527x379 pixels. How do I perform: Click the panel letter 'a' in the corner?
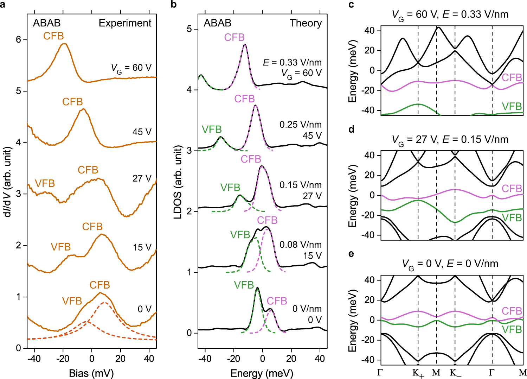tap(3, 5)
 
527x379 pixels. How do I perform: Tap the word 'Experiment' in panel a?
tap(125, 23)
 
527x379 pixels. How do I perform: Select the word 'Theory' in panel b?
tap(306, 23)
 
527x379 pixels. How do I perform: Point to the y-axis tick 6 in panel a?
tap(19, 40)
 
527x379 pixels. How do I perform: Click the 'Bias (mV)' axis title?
tap(91, 373)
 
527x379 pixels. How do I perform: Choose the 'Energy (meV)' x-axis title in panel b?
tap(262, 373)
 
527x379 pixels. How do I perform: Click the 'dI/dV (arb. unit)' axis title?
tap(7, 182)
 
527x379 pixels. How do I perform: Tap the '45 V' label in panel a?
tap(142, 132)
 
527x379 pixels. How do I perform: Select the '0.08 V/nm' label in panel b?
tap(301, 245)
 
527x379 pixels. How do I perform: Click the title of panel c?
tap(450, 14)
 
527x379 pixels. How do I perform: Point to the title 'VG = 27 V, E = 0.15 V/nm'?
tap(450, 140)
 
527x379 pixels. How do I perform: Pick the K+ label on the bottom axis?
tap(418, 373)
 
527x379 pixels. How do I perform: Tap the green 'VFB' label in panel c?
tap(512, 106)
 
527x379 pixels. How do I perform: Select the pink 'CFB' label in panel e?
tap(512, 311)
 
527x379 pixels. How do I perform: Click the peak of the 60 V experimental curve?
tap(64, 44)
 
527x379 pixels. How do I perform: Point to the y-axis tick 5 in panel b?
tap(189, 29)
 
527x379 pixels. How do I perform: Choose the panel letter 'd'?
tap(351, 129)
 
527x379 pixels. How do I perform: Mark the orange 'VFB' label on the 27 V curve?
tap(45, 183)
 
